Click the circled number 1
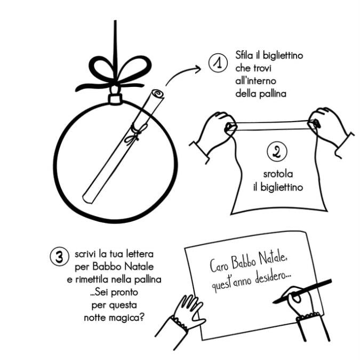point(218,63)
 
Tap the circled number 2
point(277,151)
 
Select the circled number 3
point(59,257)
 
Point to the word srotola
point(278,174)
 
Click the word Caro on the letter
point(219,266)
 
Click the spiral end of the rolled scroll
point(157,94)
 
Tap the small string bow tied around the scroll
point(134,134)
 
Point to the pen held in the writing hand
point(302,291)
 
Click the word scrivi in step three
point(85,254)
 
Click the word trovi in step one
point(262,68)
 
